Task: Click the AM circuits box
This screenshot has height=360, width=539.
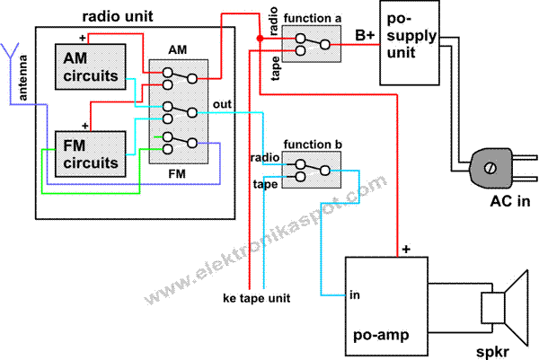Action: (88, 66)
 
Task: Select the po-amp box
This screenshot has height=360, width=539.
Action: (387, 305)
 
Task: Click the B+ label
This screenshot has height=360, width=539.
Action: (364, 35)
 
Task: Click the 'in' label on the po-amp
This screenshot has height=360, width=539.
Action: (356, 294)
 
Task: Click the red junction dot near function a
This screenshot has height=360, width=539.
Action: (260, 38)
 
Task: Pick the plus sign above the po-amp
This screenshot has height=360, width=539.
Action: (406, 249)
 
